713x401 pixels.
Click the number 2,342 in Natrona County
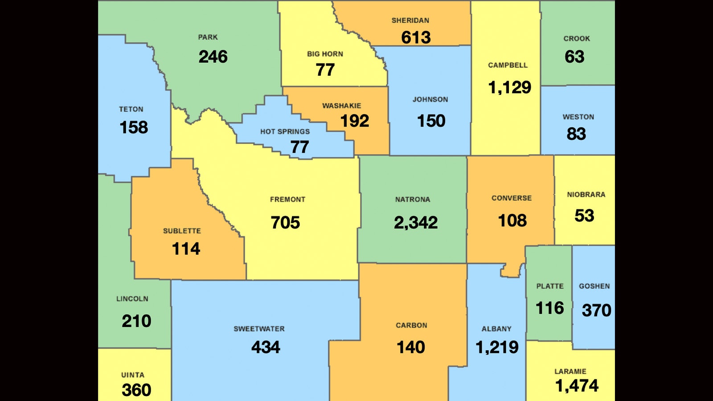click(x=416, y=222)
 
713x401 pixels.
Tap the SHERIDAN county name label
click(x=410, y=20)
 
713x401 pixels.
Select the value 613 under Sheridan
click(x=416, y=37)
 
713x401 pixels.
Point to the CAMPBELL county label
click(x=508, y=65)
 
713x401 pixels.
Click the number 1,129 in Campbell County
click(x=509, y=87)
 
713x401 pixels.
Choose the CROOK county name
click(x=577, y=39)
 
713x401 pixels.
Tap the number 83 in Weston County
click(x=576, y=134)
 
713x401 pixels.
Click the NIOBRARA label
click(x=586, y=195)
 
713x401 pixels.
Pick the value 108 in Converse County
click(x=512, y=221)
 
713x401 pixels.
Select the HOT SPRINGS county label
click(x=285, y=132)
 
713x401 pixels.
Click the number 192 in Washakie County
click(x=355, y=121)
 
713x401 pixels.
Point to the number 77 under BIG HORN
click(x=325, y=70)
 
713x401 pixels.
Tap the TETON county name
click(x=131, y=109)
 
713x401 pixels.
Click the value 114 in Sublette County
click(x=186, y=249)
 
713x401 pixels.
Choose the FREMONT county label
click(x=287, y=200)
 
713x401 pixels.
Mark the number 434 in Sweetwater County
click(x=266, y=347)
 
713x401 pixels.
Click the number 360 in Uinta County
click(x=136, y=390)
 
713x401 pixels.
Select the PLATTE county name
click(x=549, y=286)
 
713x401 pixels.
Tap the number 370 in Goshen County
click(x=596, y=310)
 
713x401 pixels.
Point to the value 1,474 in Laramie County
click(x=577, y=386)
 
